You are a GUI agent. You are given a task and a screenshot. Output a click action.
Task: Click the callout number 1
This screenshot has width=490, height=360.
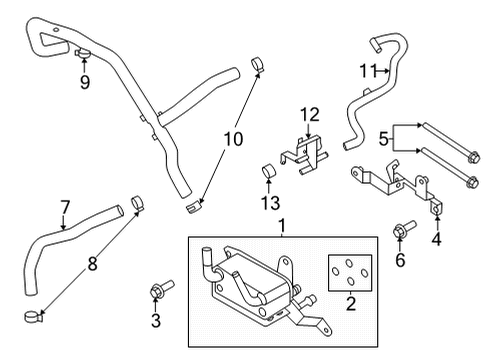[x=282, y=227]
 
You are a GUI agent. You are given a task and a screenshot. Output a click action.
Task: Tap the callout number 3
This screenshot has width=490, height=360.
[x=155, y=320]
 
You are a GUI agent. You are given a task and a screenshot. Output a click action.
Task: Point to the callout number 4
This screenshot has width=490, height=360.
[x=435, y=239]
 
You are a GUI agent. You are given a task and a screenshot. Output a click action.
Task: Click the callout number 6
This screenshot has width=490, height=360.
[x=402, y=262]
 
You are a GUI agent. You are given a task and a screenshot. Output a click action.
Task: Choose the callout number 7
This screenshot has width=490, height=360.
[x=65, y=207]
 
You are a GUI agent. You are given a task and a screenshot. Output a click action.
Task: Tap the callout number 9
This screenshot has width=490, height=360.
[x=85, y=83]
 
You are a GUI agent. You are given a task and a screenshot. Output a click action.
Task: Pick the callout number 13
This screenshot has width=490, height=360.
[x=269, y=204]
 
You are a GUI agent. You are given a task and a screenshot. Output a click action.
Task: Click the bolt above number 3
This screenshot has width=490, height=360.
[x=156, y=291]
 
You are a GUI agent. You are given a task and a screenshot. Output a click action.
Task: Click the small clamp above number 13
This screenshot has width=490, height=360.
[x=269, y=172]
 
